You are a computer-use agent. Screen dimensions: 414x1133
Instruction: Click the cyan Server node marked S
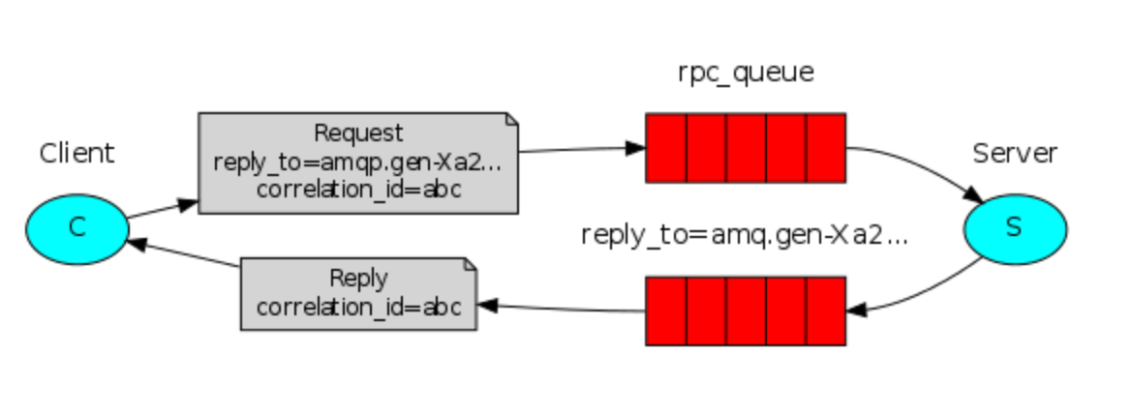1015,227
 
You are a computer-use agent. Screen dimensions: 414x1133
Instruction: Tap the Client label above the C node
77,153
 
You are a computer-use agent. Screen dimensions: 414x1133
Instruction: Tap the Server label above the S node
1015,153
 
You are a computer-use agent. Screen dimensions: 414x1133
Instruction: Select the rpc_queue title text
746,74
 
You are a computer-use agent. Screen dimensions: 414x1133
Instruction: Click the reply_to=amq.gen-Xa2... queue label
745,235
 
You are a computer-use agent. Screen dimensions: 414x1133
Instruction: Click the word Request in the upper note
358,133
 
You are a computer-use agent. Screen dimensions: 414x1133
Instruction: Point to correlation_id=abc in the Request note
358,189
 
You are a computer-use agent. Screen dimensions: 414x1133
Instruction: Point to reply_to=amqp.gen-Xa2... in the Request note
358,161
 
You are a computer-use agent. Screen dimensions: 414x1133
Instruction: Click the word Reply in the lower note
358,279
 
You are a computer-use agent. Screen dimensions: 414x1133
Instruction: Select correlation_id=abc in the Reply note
358,307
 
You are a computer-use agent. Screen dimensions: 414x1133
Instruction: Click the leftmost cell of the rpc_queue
666,147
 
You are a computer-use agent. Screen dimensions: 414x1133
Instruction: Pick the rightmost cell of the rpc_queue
826,147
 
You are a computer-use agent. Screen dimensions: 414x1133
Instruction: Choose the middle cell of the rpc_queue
746,147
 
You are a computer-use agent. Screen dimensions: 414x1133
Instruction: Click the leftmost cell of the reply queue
666,310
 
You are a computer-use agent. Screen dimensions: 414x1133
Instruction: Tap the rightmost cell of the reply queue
826,310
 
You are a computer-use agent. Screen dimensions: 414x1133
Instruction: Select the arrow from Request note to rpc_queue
581,150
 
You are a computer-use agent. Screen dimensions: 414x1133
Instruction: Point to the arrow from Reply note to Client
184,255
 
